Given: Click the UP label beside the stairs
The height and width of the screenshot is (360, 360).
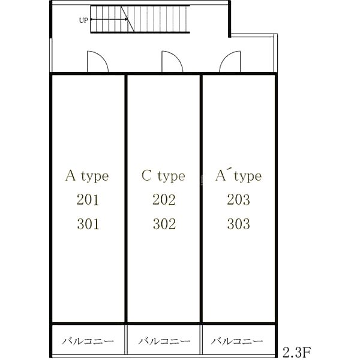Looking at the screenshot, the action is coord(83,20).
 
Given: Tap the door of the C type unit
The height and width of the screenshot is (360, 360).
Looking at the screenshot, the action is coord(172,61).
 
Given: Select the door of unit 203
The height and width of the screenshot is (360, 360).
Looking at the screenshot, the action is coord(230,61).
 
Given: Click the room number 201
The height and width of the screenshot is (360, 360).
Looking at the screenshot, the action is coord(88,200).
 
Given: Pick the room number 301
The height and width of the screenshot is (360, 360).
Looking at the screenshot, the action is coord(88,224).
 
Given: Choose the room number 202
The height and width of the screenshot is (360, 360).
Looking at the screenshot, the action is coord(164,200).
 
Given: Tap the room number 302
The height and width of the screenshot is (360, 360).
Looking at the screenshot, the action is coord(164,224).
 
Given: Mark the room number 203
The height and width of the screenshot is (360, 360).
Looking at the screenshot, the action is coord(239,200).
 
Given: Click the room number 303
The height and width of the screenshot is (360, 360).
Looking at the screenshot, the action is coord(239,224).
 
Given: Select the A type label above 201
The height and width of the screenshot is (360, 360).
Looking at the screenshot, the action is coord(87,176).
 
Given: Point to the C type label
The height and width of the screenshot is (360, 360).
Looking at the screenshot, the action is coord(163,176).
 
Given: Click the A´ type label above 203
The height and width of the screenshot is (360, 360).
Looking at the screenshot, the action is coord(238,176).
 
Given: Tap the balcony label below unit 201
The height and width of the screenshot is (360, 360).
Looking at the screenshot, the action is coord(88,341).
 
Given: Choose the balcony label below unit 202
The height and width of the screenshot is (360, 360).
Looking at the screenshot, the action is coord(164,341).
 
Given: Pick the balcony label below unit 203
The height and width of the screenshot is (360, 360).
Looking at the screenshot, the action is coord(237,341).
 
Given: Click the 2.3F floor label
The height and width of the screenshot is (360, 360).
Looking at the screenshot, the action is coord(297,352).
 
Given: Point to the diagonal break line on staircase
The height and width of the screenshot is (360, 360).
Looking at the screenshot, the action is coord(128,19).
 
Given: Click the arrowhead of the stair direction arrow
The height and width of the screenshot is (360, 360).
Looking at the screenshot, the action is coord(126,19).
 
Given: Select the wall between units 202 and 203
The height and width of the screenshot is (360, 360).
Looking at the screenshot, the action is coord(201,199).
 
